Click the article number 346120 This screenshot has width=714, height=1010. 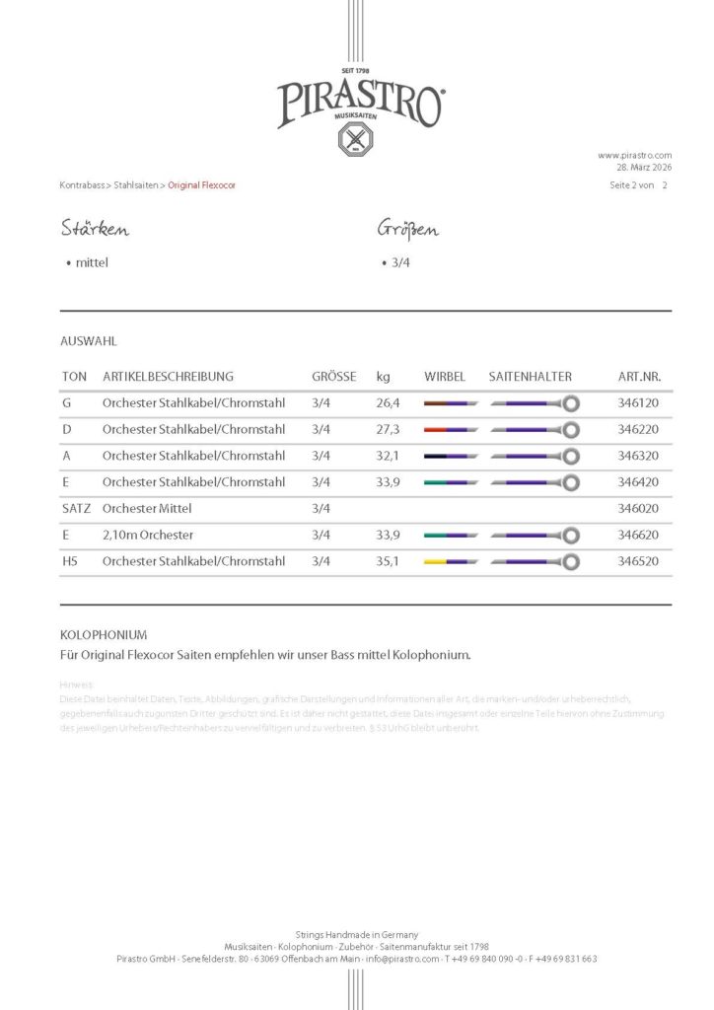(637, 403)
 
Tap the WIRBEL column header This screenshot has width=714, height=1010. (445, 377)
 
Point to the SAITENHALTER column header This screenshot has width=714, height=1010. (530, 377)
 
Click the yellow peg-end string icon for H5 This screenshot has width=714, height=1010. (451, 562)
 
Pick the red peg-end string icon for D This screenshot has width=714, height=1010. (451, 430)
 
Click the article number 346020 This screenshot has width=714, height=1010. (637, 509)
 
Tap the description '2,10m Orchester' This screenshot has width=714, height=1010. (148, 536)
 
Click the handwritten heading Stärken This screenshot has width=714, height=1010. (95, 230)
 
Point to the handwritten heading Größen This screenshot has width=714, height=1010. (407, 230)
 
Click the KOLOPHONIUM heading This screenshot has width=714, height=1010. (104, 635)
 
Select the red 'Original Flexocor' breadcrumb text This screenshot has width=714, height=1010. (201, 185)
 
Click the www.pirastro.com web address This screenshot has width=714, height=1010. (634, 155)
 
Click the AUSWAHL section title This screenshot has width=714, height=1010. (89, 341)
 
